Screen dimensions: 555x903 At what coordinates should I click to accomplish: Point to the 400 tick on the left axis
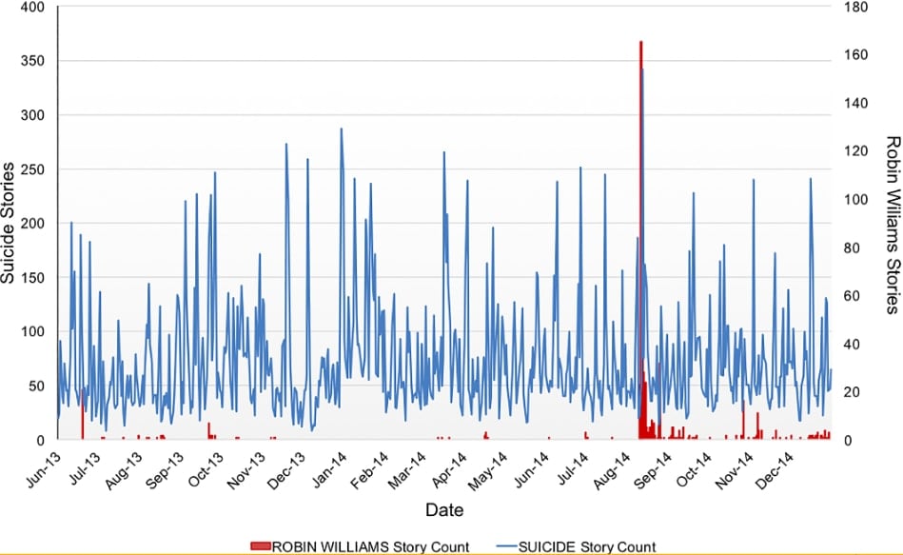[x=31, y=8]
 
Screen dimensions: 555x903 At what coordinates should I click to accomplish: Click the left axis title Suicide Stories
[x=9, y=223]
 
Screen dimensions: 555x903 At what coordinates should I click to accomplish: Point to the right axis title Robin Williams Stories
[x=893, y=224]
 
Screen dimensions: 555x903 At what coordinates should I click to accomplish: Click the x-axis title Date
[x=444, y=510]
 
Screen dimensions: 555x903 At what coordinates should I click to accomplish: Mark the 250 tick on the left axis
[x=31, y=169]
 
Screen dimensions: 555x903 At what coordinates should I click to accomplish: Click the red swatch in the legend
[x=260, y=546]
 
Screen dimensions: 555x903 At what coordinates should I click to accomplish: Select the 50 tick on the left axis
[x=35, y=386]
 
